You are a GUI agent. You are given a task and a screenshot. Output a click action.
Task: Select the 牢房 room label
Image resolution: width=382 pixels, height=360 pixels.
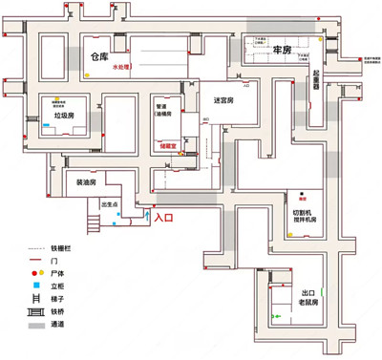(x=282, y=50)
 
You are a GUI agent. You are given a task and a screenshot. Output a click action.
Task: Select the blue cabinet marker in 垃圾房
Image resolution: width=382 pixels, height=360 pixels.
(x=56, y=104)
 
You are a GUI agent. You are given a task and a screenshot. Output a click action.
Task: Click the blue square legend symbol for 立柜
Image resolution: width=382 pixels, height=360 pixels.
(x=33, y=285)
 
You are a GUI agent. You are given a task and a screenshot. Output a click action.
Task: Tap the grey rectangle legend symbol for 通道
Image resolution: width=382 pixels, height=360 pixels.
(x=33, y=326)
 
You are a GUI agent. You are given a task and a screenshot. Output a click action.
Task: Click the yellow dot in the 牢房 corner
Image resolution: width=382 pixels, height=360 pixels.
(x=320, y=41)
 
